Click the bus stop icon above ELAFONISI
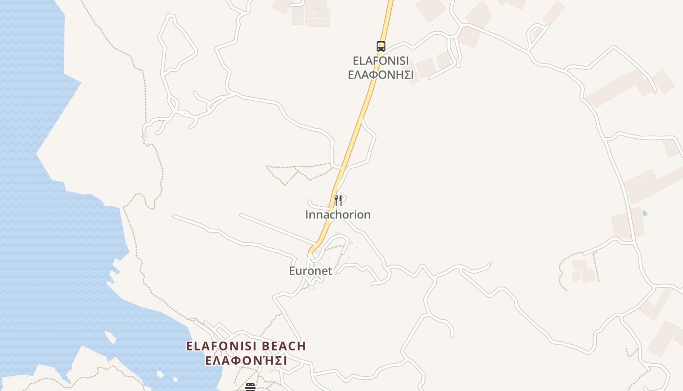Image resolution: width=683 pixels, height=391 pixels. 381,46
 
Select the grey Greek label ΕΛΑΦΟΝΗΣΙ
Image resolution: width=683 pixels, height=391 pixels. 381,75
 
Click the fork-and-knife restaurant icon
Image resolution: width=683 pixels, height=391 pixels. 338,200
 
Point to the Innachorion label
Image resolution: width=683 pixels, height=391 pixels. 338,215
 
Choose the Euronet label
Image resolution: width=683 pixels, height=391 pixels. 310,271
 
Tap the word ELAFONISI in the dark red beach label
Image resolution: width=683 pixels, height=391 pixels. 222,346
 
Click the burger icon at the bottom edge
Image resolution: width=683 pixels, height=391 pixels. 250,387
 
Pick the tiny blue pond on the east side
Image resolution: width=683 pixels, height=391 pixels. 645,214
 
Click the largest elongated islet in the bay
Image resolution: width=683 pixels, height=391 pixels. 111,337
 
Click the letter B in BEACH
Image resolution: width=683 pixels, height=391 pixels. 266,346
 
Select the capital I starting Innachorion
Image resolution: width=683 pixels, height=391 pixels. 307,215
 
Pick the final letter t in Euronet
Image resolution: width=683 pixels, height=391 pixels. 330,271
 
